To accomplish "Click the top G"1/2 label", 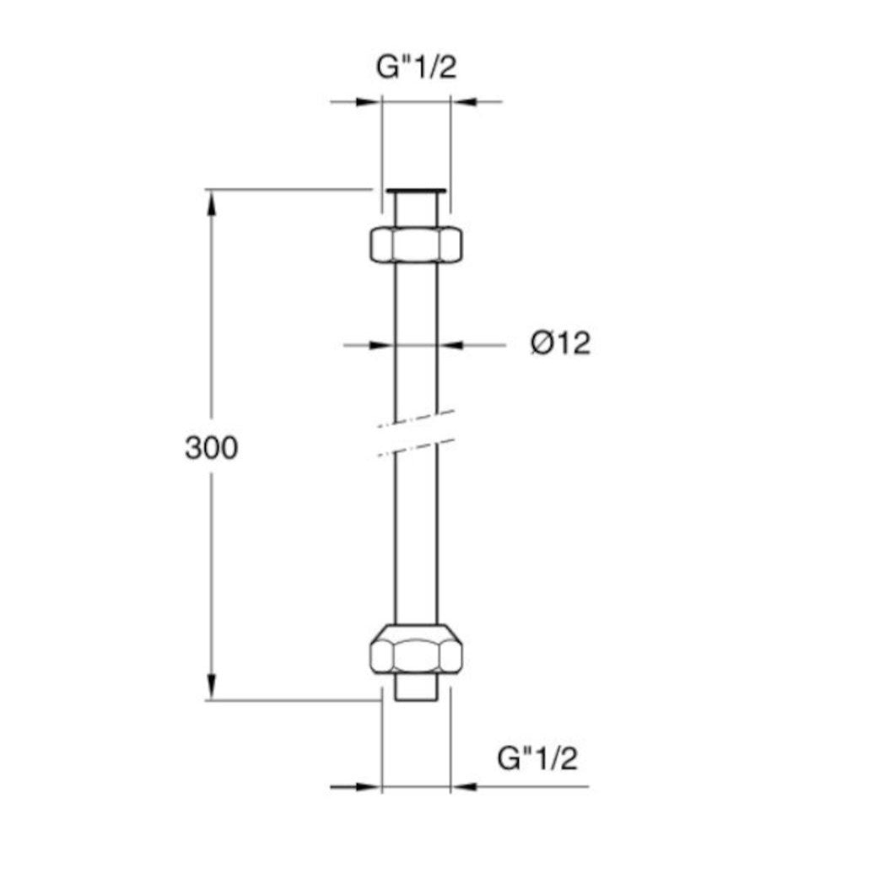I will (416, 67).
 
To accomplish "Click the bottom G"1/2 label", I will (537, 758).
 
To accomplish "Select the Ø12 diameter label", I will (560, 343).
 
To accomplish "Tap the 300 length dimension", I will (211, 449).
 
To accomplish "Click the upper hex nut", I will (416, 245).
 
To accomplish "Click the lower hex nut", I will (416, 650).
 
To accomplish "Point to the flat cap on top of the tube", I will (416, 191).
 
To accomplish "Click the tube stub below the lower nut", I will (416, 688).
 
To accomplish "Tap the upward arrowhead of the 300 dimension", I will (211, 201).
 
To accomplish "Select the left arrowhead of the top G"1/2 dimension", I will (369, 102).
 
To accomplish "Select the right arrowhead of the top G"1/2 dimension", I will (462, 102).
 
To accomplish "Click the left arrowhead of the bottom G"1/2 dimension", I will (369, 787).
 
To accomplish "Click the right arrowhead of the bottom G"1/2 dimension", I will (463, 787).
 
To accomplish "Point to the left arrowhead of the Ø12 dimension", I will (385, 344).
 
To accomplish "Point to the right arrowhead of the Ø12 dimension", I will (449, 344).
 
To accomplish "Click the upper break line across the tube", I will (416, 418).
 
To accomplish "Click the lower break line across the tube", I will (416, 447).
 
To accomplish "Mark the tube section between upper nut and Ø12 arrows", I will (416, 299).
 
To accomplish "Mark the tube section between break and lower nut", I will (416, 540).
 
